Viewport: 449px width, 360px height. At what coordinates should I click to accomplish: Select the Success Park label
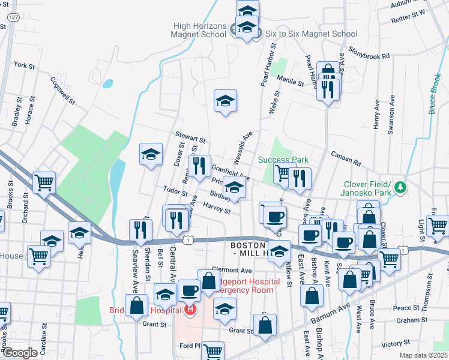[x=283, y=160]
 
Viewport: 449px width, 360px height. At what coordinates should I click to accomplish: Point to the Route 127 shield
[x=13, y=19]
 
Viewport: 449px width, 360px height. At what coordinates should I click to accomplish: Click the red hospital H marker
[x=190, y=310]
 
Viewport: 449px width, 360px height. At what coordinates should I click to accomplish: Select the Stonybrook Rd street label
[x=369, y=55]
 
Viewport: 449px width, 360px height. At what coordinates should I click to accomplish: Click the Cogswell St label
[x=62, y=91]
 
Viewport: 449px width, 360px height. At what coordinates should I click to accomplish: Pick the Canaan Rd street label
[x=347, y=158]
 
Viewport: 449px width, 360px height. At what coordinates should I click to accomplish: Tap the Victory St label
[x=396, y=344]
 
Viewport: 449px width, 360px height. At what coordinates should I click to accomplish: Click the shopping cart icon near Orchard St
[x=44, y=182]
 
